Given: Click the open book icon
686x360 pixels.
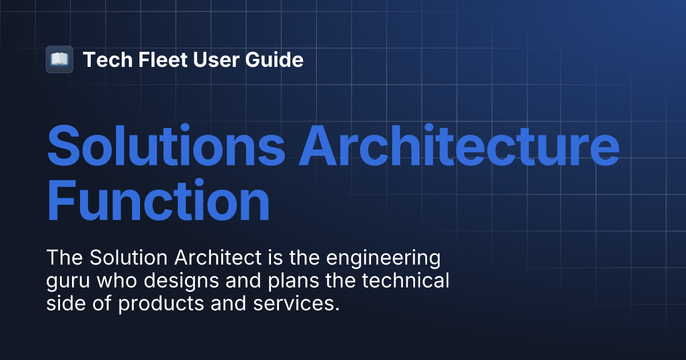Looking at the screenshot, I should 59,59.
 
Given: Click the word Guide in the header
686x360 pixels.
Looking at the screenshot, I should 276,59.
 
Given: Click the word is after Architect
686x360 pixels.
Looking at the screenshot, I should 271,258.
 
